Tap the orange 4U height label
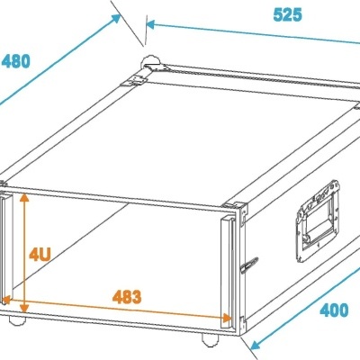(39, 255)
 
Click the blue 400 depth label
(335, 310)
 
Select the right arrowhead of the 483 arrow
(227, 316)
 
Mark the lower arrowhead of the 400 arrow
(252, 345)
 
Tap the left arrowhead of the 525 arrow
(148, 27)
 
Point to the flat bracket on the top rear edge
(137, 79)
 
